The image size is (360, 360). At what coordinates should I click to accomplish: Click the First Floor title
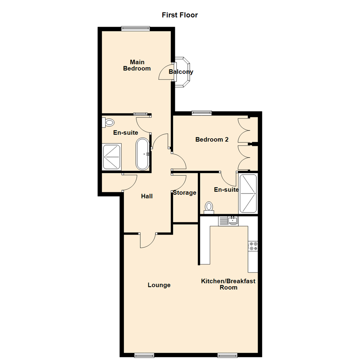(180, 15)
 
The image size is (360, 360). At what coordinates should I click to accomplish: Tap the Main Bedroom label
(137, 65)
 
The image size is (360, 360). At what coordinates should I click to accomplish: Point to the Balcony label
(181, 72)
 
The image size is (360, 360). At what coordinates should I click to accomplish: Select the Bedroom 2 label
(212, 140)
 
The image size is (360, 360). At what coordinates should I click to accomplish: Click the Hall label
(147, 196)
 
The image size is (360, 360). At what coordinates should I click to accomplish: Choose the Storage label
(184, 193)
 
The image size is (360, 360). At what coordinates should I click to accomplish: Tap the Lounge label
(159, 285)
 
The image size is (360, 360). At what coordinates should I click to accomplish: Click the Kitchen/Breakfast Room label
(228, 284)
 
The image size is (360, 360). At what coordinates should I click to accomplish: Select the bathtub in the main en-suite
(143, 154)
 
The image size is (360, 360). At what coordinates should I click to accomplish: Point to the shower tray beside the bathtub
(112, 157)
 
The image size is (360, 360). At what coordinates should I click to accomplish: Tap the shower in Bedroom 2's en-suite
(248, 193)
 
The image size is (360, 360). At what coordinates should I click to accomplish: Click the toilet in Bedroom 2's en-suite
(209, 207)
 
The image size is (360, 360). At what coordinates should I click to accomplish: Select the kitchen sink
(232, 220)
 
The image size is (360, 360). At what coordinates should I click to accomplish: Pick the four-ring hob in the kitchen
(253, 246)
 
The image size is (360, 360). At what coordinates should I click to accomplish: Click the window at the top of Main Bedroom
(135, 29)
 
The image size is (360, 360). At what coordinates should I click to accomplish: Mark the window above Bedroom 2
(202, 113)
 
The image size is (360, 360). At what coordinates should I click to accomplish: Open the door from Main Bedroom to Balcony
(167, 72)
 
